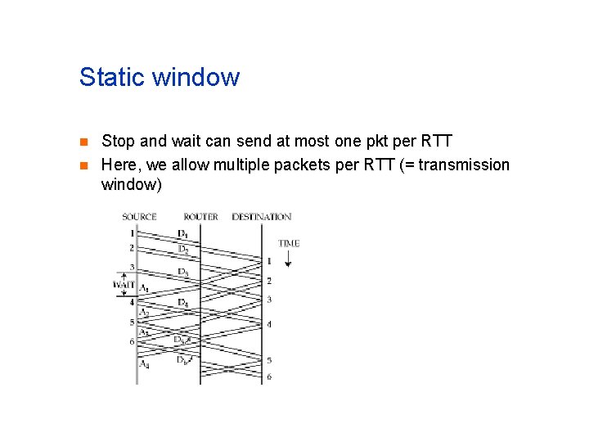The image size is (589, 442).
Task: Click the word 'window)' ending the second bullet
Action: click(132, 184)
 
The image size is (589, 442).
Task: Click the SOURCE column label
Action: click(139, 217)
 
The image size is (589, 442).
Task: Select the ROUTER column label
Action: click(200, 217)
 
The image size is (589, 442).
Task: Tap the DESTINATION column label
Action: click(261, 217)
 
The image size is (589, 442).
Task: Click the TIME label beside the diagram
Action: click(289, 243)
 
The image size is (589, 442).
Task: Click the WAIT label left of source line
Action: click(124, 285)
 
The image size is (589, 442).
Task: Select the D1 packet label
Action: click(182, 233)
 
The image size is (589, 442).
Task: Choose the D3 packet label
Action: click(182, 272)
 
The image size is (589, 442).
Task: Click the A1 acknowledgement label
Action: click(144, 288)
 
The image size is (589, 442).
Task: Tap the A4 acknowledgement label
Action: click(144, 364)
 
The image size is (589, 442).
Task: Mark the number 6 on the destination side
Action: click(269, 377)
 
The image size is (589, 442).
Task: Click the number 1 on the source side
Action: click(132, 233)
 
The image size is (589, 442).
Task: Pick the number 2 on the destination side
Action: click(269, 281)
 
